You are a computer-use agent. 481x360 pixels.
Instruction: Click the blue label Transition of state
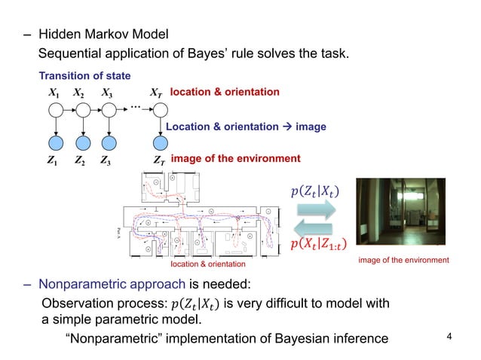tap(84, 76)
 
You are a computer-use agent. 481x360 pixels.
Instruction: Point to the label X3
tap(107, 93)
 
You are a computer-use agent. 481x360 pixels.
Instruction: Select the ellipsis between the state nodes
tap(136, 107)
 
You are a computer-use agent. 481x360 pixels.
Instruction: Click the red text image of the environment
tap(235, 159)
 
